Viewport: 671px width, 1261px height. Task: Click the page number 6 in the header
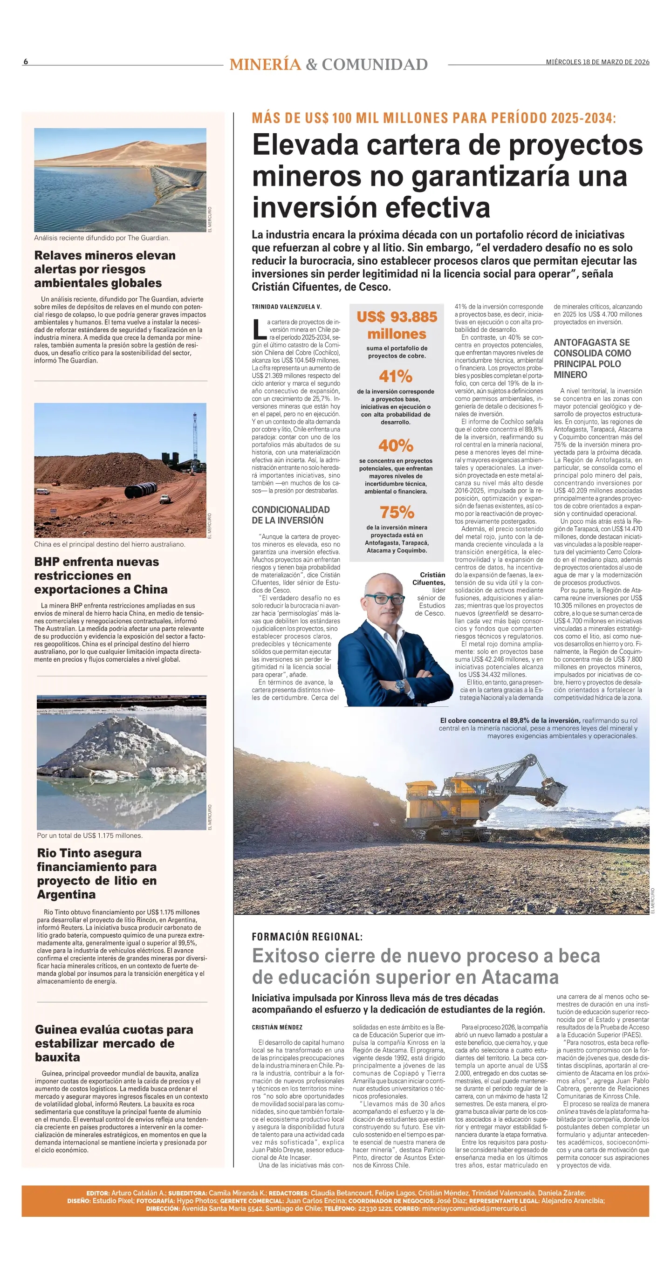(x=26, y=62)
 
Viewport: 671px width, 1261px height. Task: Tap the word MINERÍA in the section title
(x=265, y=65)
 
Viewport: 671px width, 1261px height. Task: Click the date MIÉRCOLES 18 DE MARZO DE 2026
(x=597, y=62)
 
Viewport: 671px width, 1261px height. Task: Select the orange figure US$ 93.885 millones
(x=397, y=326)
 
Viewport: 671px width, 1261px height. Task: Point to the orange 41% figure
(x=396, y=376)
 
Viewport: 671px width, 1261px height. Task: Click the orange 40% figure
(x=396, y=445)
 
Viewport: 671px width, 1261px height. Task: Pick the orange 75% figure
(x=397, y=512)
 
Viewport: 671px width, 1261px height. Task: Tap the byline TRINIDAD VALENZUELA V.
(x=286, y=307)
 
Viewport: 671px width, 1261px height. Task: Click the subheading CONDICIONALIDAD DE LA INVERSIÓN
(x=291, y=515)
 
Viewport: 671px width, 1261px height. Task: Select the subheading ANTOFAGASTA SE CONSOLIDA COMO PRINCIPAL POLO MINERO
(x=592, y=358)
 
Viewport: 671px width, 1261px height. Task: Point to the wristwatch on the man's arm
(x=400, y=685)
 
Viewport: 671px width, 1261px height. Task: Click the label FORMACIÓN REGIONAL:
(x=307, y=937)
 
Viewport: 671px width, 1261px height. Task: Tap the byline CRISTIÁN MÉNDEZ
(x=277, y=1028)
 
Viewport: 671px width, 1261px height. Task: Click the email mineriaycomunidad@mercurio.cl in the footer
(x=474, y=1209)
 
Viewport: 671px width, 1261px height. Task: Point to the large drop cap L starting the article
(x=259, y=329)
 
